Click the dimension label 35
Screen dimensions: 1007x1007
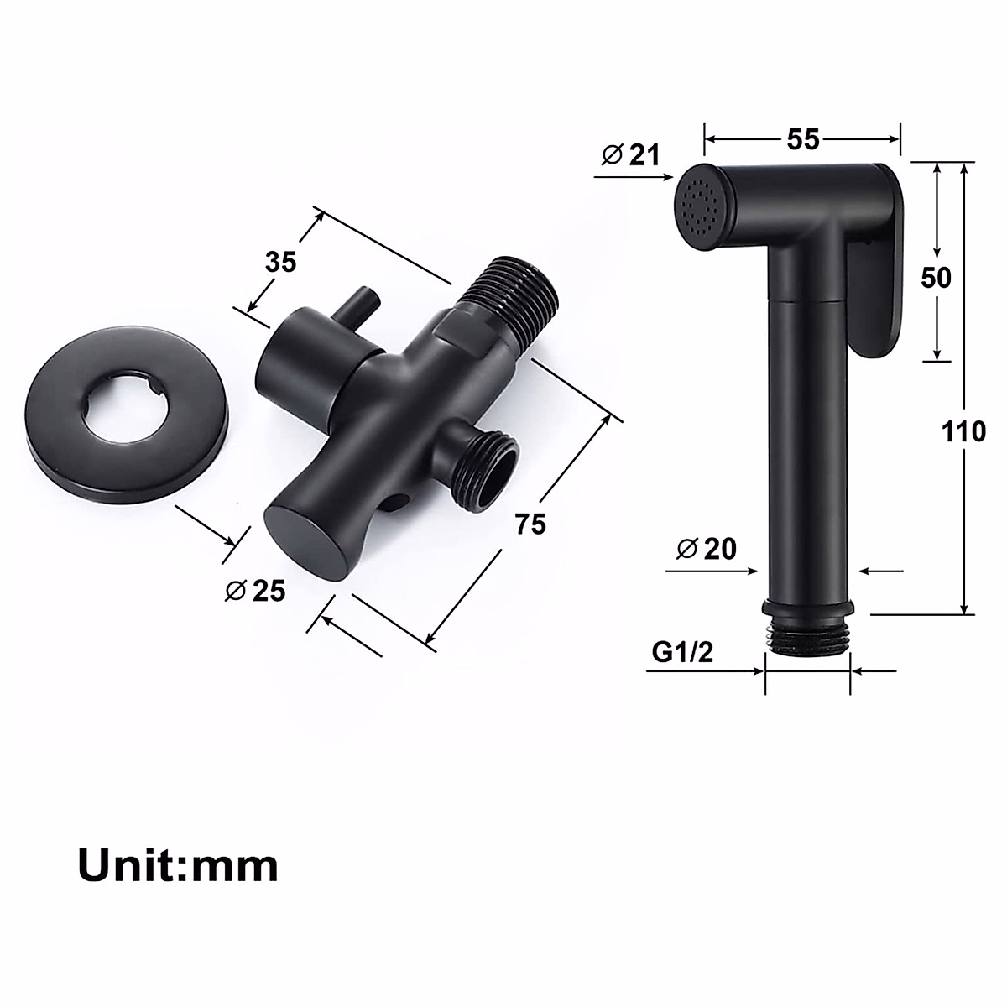pyautogui.click(x=281, y=262)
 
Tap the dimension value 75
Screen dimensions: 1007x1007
pyautogui.click(x=530, y=524)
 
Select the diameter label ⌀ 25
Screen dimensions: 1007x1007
pyautogui.click(x=255, y=591)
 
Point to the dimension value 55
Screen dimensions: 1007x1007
pyautogui.click(x=802, y=139)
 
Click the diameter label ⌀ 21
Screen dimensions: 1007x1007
pyautogui.click(x=631, y=154)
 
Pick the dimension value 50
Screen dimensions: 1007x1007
pyautogui.click(x=936, y=277)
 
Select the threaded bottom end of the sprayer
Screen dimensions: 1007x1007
pyautogui.click(x=808, y=637)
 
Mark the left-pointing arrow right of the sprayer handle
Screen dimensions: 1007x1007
pyautogui.click(x=877, y=571)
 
